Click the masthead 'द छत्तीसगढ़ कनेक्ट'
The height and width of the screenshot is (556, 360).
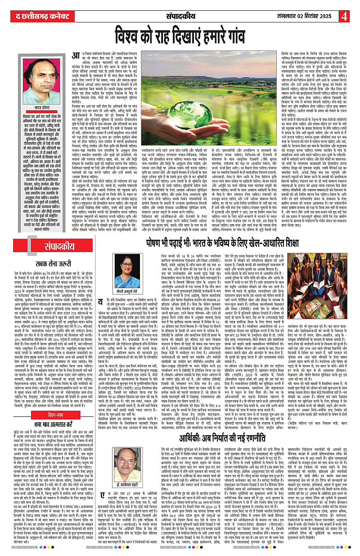(x=36, y=17)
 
